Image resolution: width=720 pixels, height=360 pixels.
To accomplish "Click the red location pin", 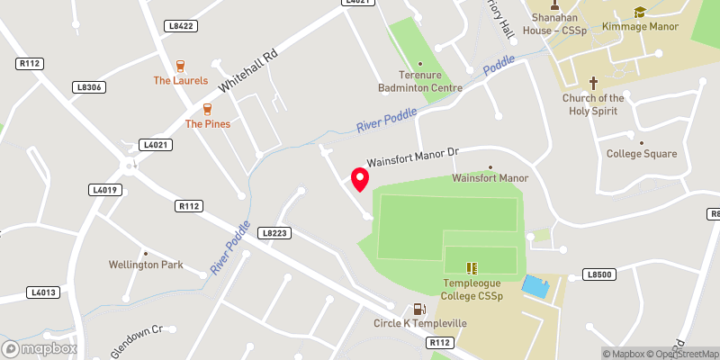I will point(359,179).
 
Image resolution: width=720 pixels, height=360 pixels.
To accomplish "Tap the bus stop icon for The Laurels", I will point(181,65).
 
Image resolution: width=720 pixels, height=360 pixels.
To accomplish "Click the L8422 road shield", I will point(182,26).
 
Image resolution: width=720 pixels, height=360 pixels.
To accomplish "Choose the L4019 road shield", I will point(105,190).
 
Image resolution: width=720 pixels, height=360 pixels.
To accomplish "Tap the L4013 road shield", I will point(42,292).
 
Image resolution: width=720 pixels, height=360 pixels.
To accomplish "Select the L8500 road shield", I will point(598,274).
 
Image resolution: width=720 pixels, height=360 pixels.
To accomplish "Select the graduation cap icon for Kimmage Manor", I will point(640,13).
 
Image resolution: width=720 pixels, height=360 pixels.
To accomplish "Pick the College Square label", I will point(642,154).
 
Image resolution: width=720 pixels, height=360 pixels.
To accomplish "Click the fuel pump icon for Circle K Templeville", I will point(417,309).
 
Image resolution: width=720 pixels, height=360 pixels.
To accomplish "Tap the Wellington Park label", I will point(146,265).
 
